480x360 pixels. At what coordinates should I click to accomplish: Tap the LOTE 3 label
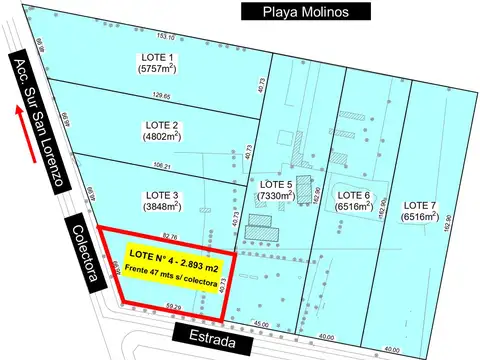point(162,194)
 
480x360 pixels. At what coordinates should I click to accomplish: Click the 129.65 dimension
point(160,96)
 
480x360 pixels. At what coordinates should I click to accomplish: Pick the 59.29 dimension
point(174,306)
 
